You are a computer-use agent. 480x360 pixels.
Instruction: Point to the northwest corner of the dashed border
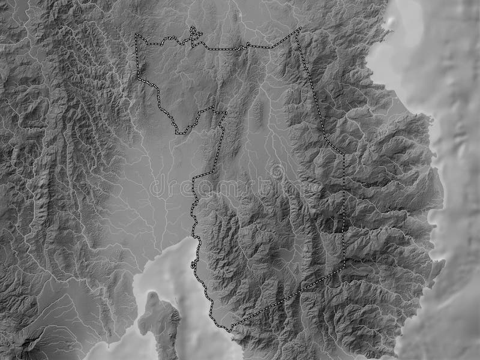(x=136, y=35)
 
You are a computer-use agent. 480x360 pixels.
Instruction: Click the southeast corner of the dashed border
(x=344, y=268)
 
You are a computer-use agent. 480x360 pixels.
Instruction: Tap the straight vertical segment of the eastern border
(x=344, y=210)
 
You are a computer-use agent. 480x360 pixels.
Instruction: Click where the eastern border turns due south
(x=344, y=154)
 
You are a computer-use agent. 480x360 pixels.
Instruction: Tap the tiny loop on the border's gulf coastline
(x=193, y=263)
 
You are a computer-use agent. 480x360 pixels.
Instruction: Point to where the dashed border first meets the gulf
(x=196, y=238)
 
